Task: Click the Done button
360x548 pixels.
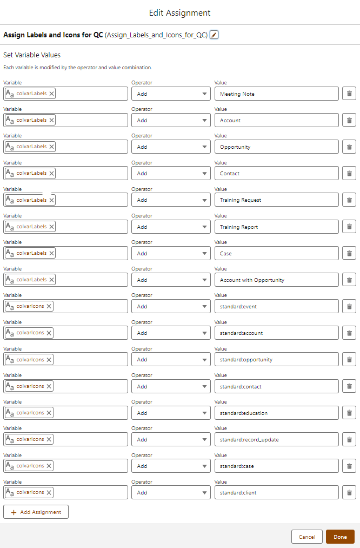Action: click(340, 537)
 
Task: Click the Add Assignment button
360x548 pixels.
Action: click(36, 512)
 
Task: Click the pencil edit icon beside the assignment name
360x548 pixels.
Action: click(214, 35)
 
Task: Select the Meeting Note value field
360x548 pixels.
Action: click(276, 94)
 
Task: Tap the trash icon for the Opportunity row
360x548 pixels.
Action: click(349, 147)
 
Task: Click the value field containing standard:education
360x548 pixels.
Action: click(276, 413)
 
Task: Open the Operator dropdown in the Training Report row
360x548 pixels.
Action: click(171, 227)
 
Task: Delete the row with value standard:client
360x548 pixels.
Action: click(349, 492)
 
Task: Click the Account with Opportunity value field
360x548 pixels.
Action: click(276, 280)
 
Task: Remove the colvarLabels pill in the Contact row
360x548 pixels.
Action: click(51, 173)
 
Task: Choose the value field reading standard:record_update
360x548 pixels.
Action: click(276, 439)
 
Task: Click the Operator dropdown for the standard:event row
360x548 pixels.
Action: click(171, 306)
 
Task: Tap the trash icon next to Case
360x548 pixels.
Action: click(349, 253)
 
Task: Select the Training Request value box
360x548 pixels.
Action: click(276, 200)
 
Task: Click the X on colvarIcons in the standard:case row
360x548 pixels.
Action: click(49, 466)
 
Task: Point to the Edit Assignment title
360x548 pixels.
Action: click(180, 12)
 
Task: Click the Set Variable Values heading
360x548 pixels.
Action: click(32, 55)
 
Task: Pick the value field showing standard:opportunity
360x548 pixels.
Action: click(276, 359)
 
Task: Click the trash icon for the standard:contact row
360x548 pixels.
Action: click(349, 386)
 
